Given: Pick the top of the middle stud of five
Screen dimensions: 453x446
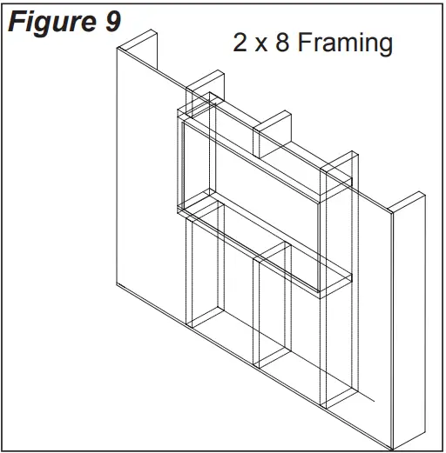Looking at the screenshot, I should coord(272,118).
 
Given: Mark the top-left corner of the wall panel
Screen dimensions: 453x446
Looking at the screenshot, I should coord(118,49).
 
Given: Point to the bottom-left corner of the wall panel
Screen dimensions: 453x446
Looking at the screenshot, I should coord(118,287).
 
